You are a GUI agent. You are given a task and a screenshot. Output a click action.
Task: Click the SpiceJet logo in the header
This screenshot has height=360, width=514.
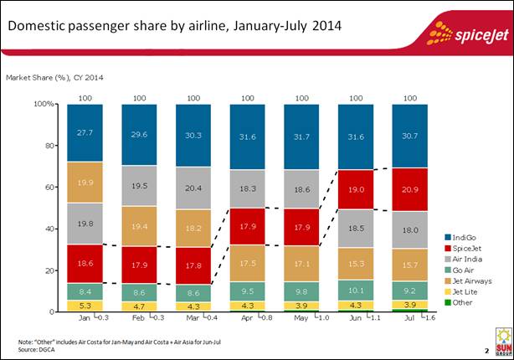tap(465, 33)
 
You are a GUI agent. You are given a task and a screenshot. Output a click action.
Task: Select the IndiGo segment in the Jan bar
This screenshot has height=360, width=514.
tap(85, 132)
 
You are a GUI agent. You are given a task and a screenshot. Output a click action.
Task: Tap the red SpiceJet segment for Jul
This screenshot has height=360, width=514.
tap(409, 189)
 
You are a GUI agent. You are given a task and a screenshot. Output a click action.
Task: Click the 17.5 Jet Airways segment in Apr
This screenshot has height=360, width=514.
tap(247, 262)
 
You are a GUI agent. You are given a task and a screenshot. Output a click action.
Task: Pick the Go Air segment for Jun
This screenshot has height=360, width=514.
tap(355, 291)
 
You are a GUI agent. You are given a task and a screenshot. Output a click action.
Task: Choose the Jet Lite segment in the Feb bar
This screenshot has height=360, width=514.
tap(139, 306)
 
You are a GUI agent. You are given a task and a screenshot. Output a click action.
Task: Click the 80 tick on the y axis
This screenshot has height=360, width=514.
tap(49, 146)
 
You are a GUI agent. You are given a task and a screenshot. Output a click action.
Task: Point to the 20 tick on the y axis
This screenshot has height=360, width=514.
tap(49, 270)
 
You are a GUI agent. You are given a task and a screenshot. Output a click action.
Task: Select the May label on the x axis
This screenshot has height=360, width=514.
tap(301, 318)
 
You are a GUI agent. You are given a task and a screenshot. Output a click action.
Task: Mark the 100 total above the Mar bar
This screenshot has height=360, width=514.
tap(193, 98)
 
